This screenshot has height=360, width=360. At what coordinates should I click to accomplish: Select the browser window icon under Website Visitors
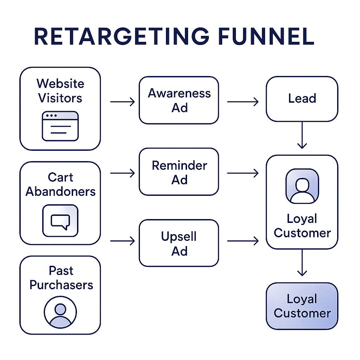click(60, 126)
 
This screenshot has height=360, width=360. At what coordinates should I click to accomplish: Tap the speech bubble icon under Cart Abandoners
click(60, 221)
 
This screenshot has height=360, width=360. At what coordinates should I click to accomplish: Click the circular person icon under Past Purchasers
click(60, 311)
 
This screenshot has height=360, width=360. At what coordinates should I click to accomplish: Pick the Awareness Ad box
click(179, 100)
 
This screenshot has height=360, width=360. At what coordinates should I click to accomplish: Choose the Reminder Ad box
click(179, 172)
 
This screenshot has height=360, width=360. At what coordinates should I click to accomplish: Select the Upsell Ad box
click(179, 243)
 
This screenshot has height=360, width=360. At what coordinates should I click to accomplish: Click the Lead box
click(302, 99)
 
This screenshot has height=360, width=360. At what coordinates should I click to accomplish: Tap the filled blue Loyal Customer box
click(302, 306)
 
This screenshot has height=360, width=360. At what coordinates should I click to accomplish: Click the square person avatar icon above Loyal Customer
click(302, 186)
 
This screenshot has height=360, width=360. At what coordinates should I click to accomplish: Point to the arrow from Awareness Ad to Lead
click(243, 102)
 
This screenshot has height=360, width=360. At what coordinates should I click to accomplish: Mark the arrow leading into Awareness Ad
click(122, 102)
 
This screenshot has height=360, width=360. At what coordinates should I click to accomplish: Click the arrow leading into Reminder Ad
click(122, 173)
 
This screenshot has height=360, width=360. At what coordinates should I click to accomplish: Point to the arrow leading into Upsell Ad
click(122, 241)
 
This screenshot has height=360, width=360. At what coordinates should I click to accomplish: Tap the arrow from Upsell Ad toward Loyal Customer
click(243, 241)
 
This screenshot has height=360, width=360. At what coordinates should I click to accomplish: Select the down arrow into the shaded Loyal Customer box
click(302, 266)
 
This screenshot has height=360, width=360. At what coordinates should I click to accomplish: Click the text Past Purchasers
click(61, 278)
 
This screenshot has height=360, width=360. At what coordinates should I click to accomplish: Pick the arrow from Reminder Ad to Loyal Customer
click(243, 173)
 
